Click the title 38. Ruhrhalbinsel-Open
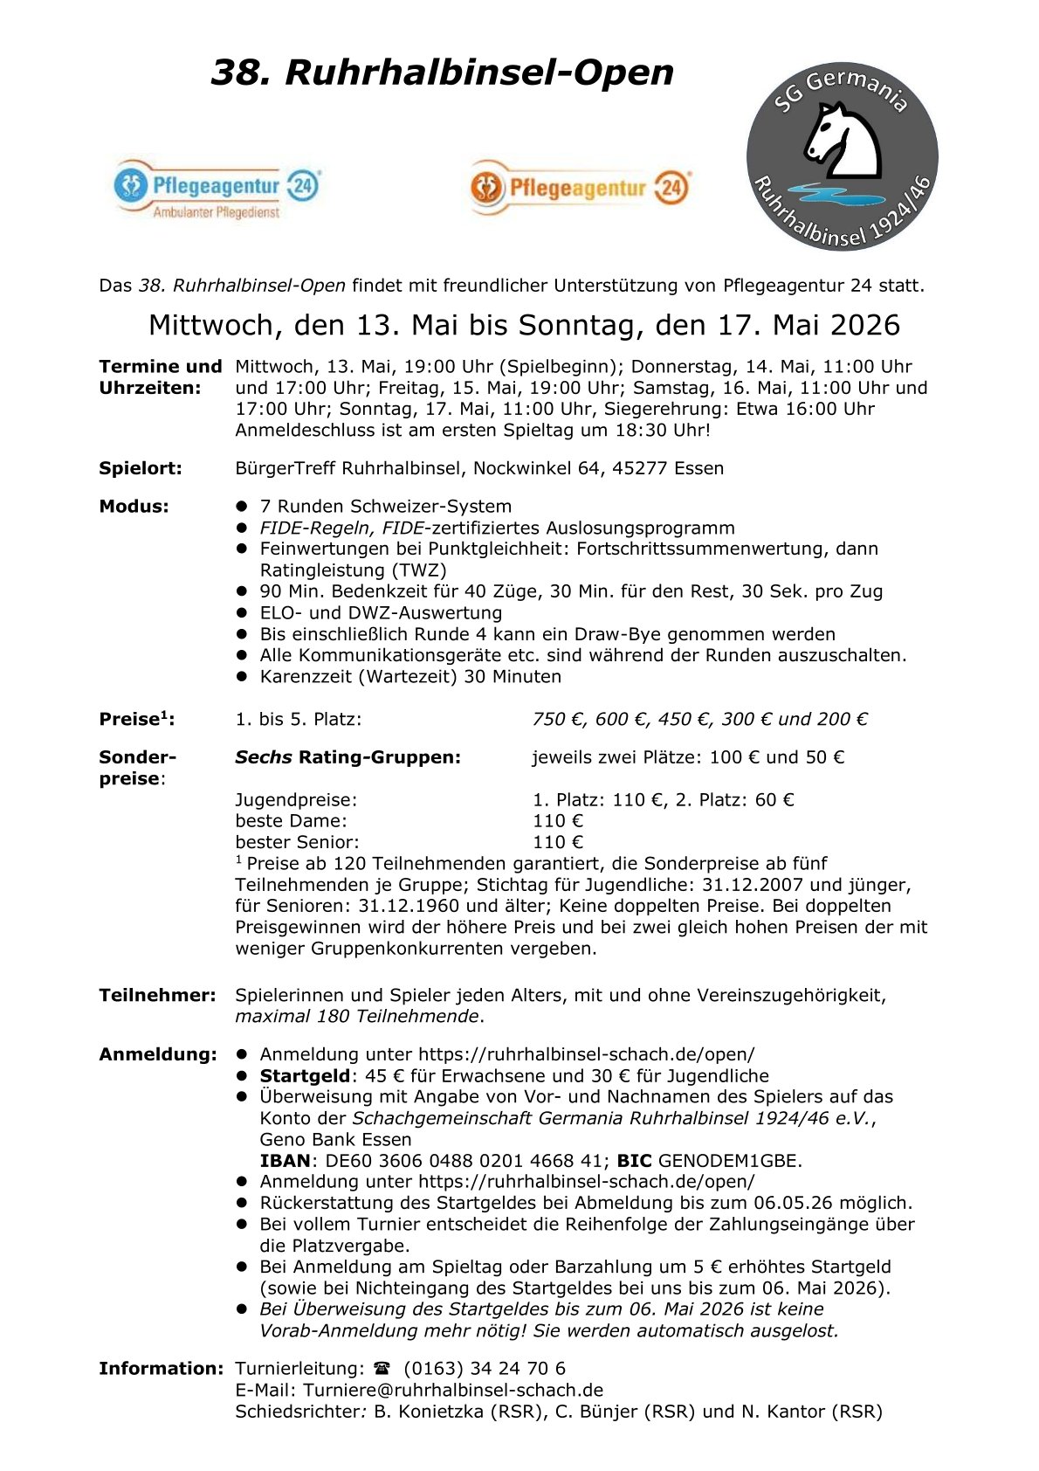click(x=442, y=72)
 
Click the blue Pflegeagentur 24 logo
click(x=217, y=188)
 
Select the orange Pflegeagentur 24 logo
click(x=580, y=187)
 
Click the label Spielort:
click(x=141, y=468)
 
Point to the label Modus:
click(x=134, y=507)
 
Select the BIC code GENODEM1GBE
click(x=729, y=1161)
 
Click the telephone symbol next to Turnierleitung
click(x=382, y=1369)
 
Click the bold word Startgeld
click(x=305, y=1076)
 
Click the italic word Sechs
click(x=263, y=757)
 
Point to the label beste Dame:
click(x=291, y=821)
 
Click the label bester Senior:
click(x=297, y=843)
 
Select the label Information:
click(x=161, y=1369)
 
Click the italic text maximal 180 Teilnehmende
click(x=357, y=1017)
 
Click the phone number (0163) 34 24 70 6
click(x=485, y=1369)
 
